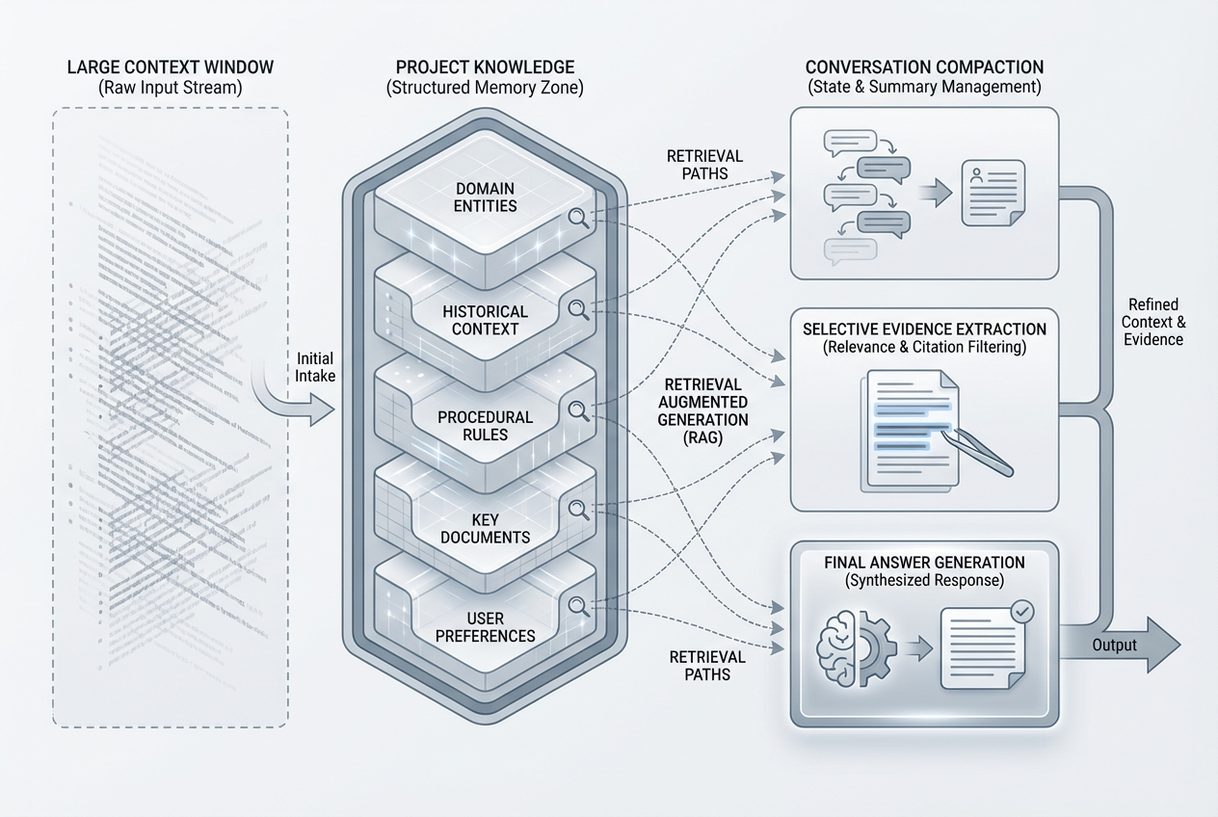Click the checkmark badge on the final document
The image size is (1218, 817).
[1021, 611]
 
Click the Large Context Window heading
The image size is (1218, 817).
[171, 67]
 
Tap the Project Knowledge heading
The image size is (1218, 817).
[485, 67]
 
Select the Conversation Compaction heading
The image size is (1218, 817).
[924, 67]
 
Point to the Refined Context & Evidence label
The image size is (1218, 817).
[1153, 322]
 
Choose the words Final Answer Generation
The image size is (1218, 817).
[924, 563]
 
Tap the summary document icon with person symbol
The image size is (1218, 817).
[993, 194]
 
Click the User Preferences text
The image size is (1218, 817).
[485, 626]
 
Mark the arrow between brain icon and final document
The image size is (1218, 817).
[920, 648]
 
